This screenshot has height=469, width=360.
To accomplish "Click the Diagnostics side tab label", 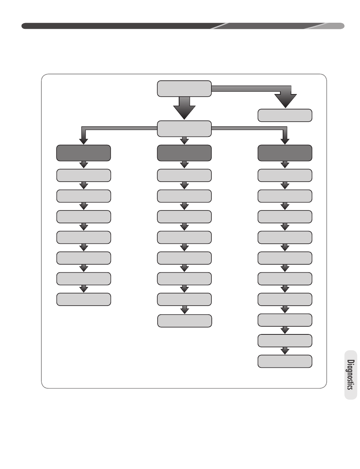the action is coord(351,375).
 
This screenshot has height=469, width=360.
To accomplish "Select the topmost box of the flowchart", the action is coord(184,89).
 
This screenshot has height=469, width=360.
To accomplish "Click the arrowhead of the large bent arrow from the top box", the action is coord(285,101).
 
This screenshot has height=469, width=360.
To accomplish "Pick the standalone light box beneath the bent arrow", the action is coord(285,116).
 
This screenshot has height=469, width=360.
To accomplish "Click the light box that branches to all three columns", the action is coord(184,129).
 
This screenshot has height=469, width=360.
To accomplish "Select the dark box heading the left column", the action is coord(83,153).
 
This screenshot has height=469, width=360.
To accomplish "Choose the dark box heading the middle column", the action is coord(184,153).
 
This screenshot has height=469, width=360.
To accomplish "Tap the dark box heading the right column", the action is coord(285,153).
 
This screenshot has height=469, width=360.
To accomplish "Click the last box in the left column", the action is coord(84,300).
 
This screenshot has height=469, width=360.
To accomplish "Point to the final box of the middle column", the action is coord(185,321).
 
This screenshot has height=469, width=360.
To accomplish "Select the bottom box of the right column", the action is coord(285,361).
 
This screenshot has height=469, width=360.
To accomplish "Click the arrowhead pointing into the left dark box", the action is coord(83,141).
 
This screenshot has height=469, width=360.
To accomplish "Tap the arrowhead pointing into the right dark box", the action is coord(285,141).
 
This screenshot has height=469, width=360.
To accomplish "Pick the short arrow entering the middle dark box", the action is coord(184,141).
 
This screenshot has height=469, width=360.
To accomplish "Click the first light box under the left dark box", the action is coord(84,176).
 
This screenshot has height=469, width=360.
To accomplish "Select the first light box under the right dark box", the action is coord(285,176).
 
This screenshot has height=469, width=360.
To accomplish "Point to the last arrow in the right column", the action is coord(285,351).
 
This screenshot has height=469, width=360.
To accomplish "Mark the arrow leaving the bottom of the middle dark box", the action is coord(184,165).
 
